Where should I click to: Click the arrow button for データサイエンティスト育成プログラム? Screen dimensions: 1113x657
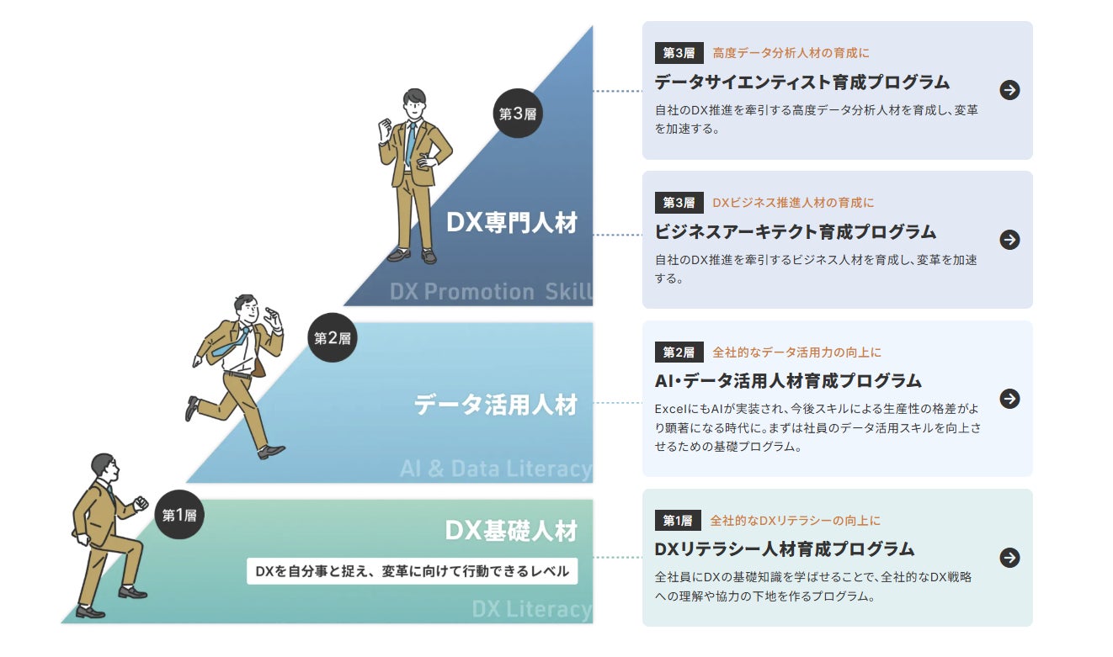[x=1009, y=90]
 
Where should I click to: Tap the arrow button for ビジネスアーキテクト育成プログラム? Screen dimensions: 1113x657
[x=1009, y=240]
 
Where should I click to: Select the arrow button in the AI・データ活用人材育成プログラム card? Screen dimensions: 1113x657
[x=1009, y=398]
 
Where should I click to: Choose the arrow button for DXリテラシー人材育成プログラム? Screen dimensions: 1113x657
[x=1009, y=557]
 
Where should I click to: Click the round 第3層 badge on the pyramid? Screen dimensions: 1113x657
[x=517, y=113]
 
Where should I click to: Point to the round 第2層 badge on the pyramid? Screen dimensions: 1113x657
[x=332, y=337]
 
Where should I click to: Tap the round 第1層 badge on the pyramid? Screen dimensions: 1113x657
[x=179, y=515]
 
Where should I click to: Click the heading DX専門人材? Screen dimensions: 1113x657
[x=512, y=223]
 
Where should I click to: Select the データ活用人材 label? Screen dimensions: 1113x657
[x=495, y=405]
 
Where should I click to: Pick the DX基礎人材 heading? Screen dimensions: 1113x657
[x=511, y=531]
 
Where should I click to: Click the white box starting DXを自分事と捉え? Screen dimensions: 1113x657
[x=413, y=571]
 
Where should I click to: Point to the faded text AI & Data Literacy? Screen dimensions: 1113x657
[x=496, y=469]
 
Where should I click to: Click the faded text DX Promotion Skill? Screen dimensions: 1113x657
[x=491, y=291]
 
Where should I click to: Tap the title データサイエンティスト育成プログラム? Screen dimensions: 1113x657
[x=801, y=82]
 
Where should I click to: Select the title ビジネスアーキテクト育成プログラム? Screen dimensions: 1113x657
[x=795, y=231]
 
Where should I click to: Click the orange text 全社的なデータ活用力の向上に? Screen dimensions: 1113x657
[x=796, y=352]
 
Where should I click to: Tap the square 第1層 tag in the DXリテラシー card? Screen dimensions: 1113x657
[x=678, y=521]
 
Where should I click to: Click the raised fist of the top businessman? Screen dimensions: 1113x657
[x=386, y=130]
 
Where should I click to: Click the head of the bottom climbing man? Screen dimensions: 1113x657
[x=104, y=465]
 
